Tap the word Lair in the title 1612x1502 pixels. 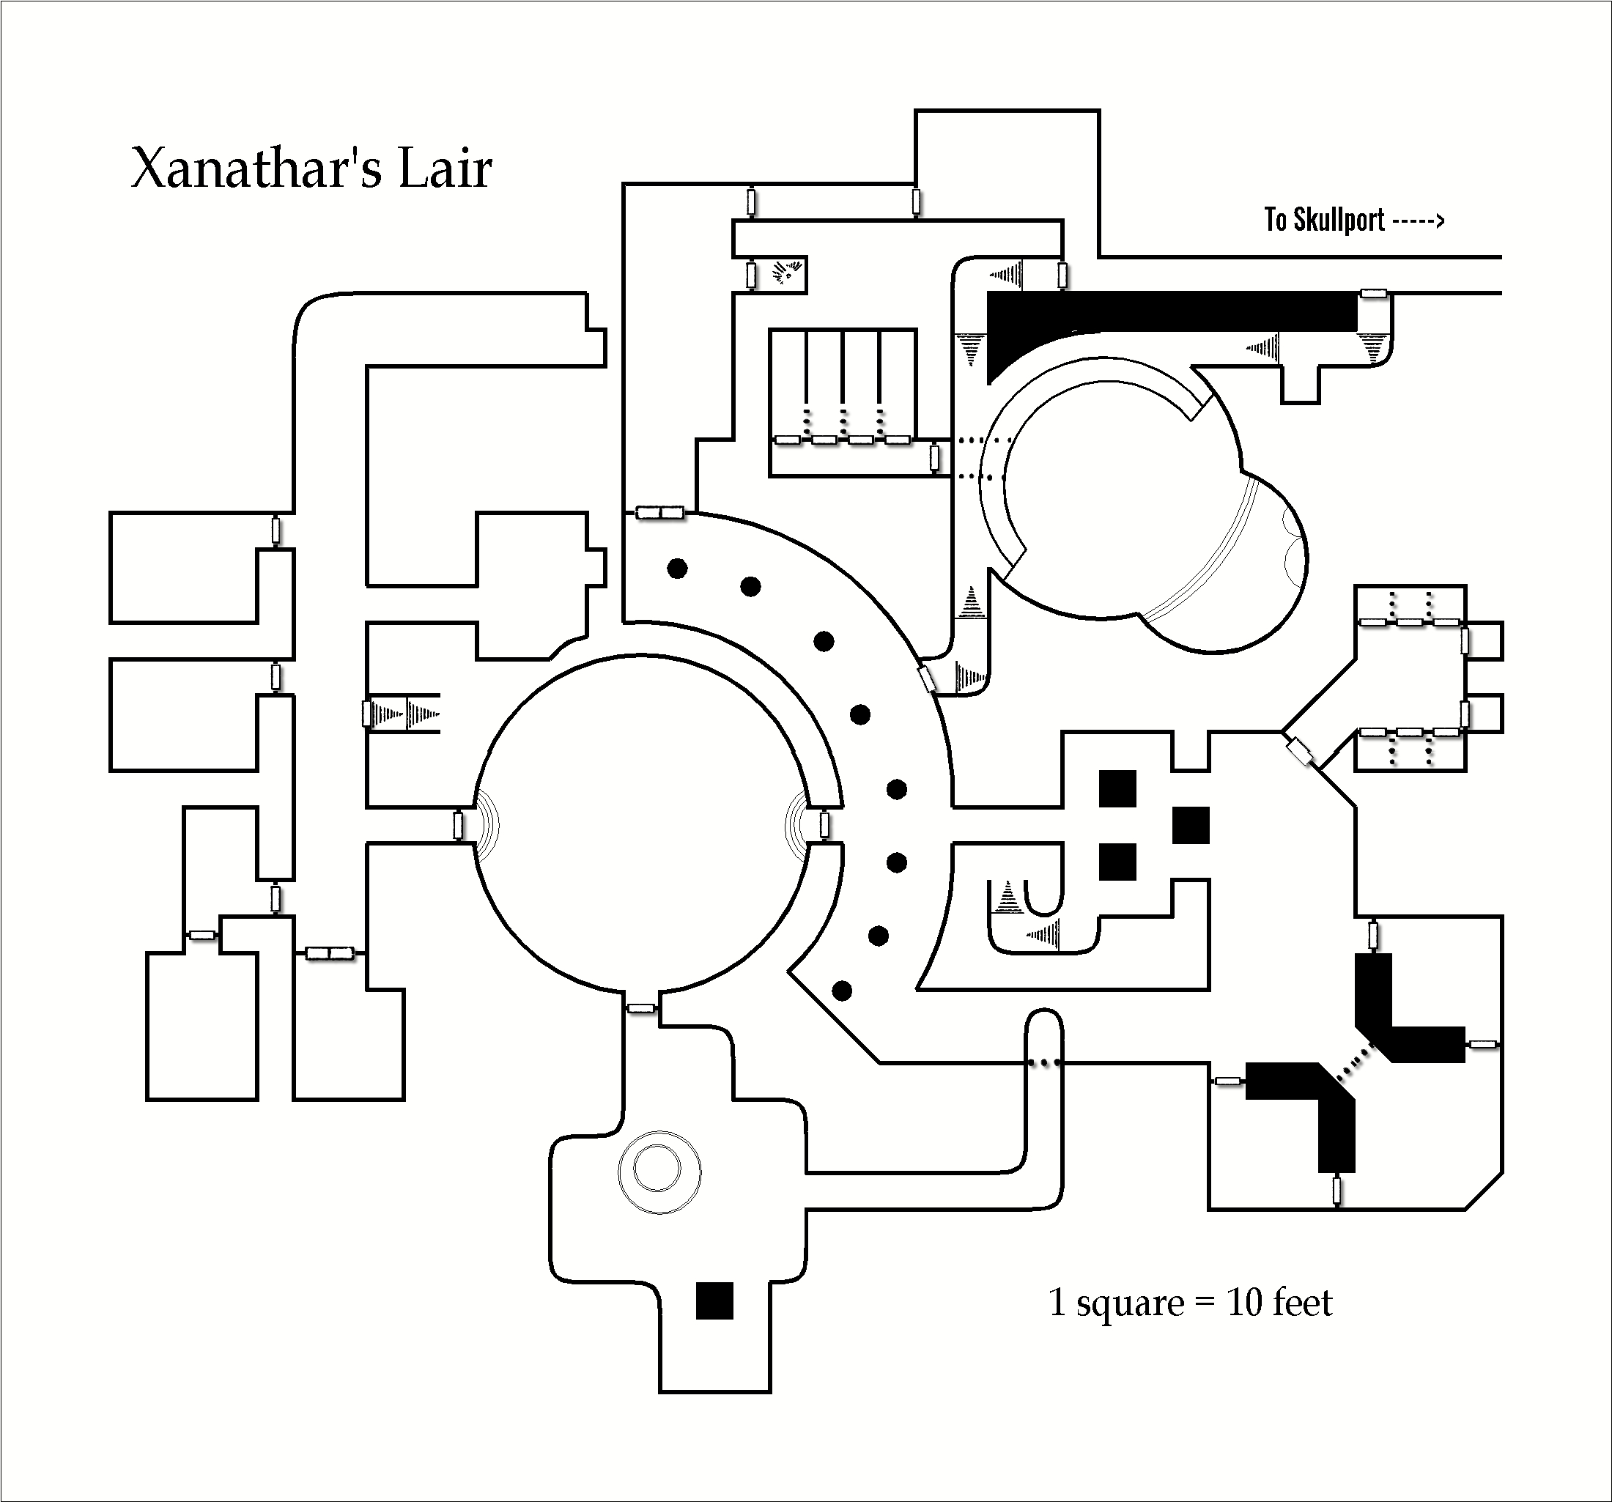445,169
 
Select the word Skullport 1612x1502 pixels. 1339,220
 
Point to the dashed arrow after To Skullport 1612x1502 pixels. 1419,220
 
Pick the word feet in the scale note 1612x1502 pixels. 1302,1303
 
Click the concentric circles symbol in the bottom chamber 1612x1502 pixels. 659,1171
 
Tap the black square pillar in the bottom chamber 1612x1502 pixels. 714,1300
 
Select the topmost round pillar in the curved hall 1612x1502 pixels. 677,569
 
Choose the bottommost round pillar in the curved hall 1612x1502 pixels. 843,991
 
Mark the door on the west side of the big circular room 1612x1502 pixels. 458,826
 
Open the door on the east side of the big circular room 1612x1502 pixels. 824,826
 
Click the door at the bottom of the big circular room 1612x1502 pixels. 641,1008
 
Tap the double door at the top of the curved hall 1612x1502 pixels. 660,513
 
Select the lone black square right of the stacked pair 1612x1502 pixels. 1191,825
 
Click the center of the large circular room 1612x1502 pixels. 641,825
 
